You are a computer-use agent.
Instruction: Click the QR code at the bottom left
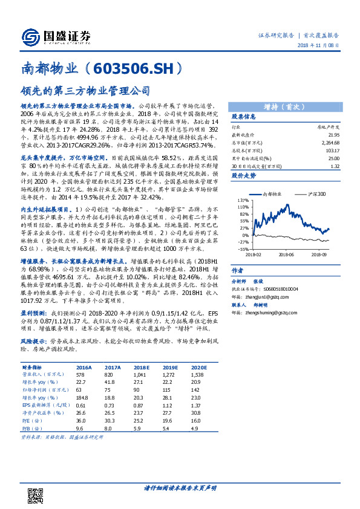(x=36, y=492)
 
